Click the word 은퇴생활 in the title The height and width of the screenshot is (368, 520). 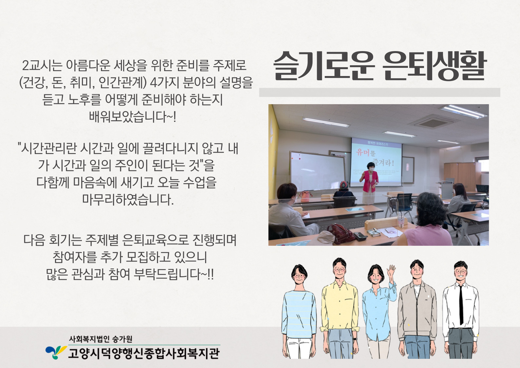tap(434, 66)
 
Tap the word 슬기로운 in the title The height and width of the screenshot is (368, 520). tap(324, 66)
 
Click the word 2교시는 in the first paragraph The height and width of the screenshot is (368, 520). tap(42, 66)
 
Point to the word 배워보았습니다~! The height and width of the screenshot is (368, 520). tap(133, 117)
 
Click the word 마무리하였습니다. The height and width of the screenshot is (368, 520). tap(128, 199)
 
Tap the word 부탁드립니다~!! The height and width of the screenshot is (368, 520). tap(174, 274)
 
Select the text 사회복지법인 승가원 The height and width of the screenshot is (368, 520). tap(101, 339)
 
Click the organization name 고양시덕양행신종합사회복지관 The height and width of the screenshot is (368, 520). tap(144, 353)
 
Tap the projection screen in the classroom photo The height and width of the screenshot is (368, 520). tap(376, 162)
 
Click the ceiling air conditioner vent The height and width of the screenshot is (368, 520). tap(433, 123)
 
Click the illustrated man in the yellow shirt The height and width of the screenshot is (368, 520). tap(340, 308)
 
